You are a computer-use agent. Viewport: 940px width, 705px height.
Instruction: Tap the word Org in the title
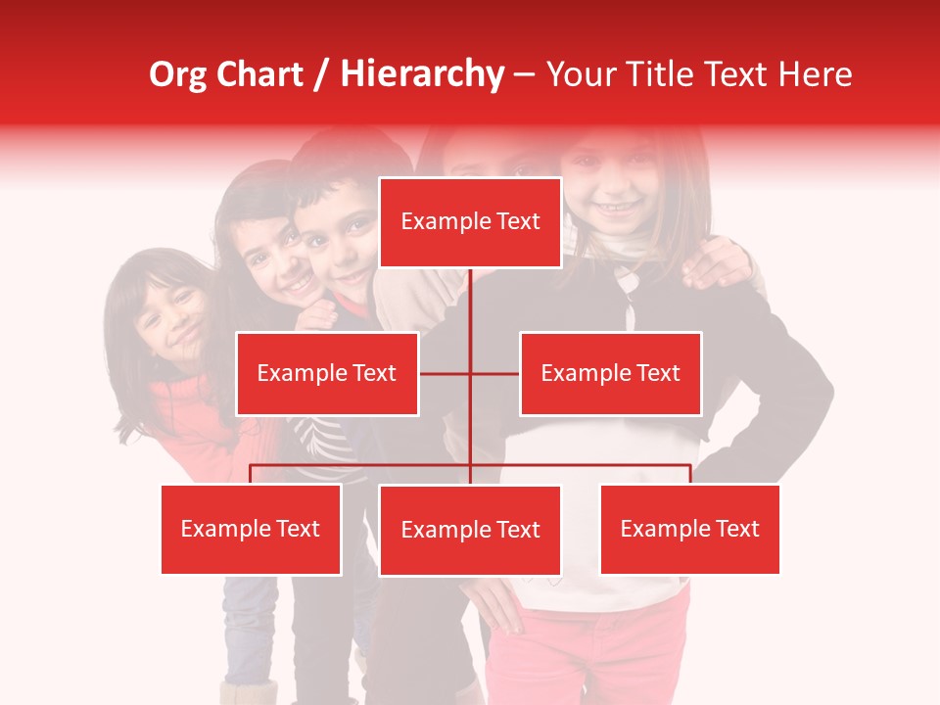click(x=178, y=74)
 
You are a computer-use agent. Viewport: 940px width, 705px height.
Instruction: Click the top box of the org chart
click(x=470, y=222)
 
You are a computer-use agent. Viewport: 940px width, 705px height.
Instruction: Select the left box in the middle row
click(x=327, y=373)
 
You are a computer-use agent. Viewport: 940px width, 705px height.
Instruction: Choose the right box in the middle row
click(x=610, y=373)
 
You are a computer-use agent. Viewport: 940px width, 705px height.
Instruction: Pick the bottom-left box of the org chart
click(x=251, y=529)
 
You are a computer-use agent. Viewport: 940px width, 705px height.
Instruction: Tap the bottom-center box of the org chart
click(x=470, y=530)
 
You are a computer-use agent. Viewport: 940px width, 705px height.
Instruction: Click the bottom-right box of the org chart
click(x=689, y=529)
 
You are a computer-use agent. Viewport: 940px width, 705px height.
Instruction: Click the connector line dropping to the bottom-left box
click(x=251, y=474)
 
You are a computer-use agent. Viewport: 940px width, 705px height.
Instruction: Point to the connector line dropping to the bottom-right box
click(x=689, y=474)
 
